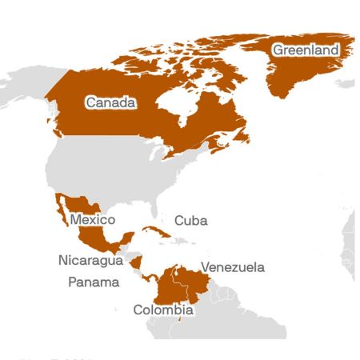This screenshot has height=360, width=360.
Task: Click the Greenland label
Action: click(305, 50)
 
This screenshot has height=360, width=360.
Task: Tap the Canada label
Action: click(110, 102)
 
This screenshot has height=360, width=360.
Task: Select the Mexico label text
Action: click(92, 219)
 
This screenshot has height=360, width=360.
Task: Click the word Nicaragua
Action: click(90, 260)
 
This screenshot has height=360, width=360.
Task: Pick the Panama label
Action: click(94, 282)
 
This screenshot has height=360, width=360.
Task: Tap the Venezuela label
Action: click(232, 267)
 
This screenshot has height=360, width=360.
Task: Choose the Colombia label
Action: click(162, 310)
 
